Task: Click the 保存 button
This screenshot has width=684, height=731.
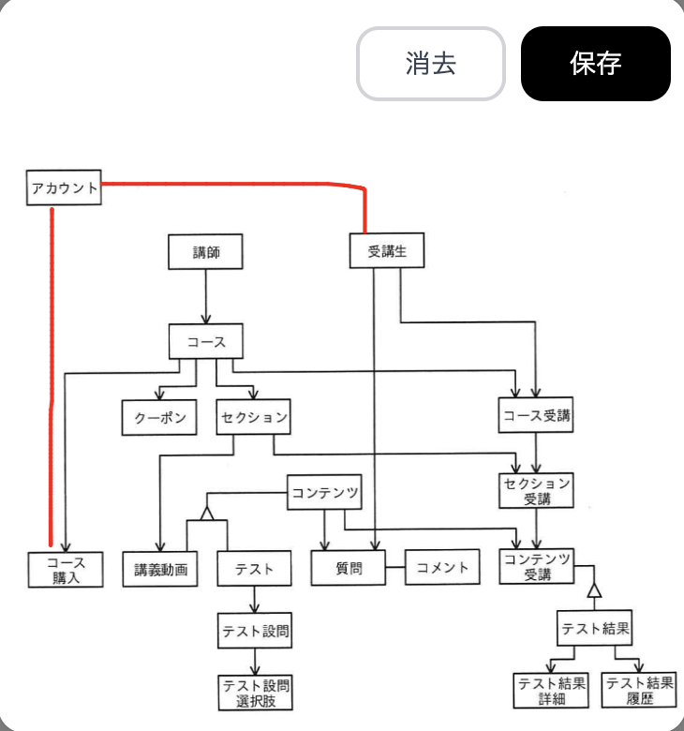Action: point(595,64)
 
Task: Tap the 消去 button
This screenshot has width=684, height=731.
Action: point(430,64)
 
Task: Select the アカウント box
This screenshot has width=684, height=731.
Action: point(64,188)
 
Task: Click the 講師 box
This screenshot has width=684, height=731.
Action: point(205,252)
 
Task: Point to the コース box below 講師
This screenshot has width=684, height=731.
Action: point(205,341)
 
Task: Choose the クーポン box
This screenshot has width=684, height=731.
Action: point(159,417)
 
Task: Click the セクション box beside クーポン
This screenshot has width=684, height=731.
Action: point(253,417)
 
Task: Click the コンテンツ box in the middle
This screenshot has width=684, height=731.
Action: point(324,492)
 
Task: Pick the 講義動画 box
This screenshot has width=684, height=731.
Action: point(160,569)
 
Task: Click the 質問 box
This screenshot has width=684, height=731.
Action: point(349,568)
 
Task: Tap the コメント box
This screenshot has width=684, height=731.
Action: point(442,568)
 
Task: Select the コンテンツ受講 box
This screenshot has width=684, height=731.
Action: point(536,567)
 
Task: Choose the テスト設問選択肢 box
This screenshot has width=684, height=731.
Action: point(254,692)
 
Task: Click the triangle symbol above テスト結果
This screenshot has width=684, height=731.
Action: point(593,590)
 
